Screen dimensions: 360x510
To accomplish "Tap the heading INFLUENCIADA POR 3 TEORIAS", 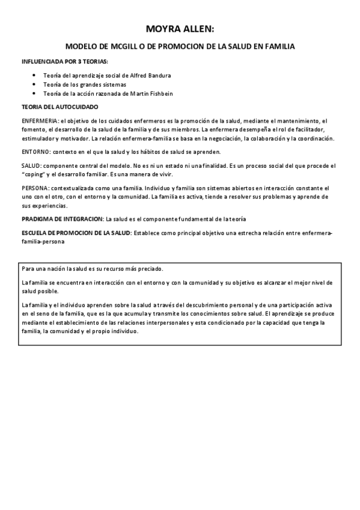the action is (x=65, y=62).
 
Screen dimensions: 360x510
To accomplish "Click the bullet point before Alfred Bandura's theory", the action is (x=38, y=76).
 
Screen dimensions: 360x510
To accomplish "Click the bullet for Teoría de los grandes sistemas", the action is (x=38, y=85).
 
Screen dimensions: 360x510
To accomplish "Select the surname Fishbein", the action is (x=160, y=94).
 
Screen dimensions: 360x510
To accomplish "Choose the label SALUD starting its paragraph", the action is (x=32, y=165).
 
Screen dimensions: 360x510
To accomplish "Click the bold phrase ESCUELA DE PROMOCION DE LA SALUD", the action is (x=76, y=232).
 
